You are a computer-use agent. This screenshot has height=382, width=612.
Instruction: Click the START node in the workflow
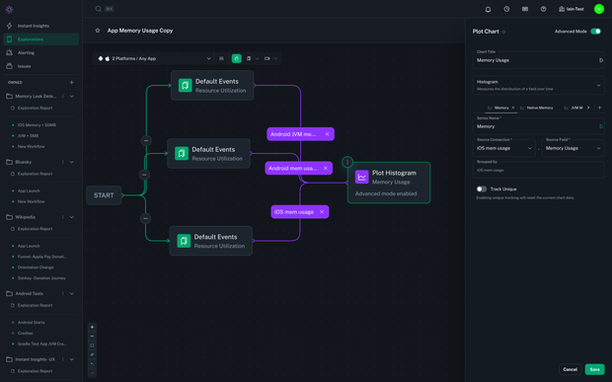pyautogui.click(x=104, y=195)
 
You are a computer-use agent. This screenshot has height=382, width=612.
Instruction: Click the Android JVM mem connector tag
pyautogui.click(x=294, y=133)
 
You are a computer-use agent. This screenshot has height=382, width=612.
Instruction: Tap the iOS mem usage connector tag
pyautogui.click(x=293, y=211)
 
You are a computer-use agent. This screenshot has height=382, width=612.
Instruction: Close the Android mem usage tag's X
pyautogui.click(x=325, y=168)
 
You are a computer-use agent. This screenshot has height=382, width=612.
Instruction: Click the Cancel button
pyautogui.click(x=570, y=369)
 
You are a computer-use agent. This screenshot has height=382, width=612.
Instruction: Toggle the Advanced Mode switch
pyautogui.click(x=595, y=32)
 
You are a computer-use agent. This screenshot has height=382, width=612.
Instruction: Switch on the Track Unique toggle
pyautogui.click(x=482, y=189)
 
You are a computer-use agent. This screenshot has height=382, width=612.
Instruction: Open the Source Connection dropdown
pyautogui.click(x=504, y=148)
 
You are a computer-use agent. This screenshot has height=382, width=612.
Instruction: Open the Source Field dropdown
pyautogui.click(x=573, y=148)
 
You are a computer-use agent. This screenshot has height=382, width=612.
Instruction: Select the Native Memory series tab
pyautogui.click(x=539, y=108)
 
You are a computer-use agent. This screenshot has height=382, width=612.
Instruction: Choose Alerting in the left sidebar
pyautogui.click(x=26, y=53)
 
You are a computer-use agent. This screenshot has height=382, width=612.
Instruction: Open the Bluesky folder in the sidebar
pyautogui.click(x=24, y=162)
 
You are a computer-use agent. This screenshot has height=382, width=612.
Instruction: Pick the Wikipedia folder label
pyautogui.click(x=26, y=217)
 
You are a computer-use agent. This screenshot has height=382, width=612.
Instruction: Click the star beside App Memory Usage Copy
pyautogui.click(x=98, y=31)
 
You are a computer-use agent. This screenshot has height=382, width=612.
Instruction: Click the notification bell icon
pyautogui.click(x=488, y=9)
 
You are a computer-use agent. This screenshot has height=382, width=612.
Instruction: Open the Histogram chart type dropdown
pyautogui.click(x=538, y=85)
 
